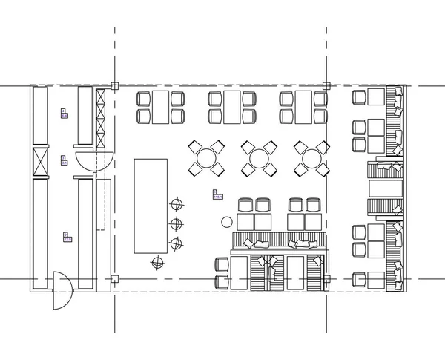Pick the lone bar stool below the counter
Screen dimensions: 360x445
tap(157, 261)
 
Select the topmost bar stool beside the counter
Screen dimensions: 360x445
tap(177, 203)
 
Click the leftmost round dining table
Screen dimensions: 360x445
tap(205, 157)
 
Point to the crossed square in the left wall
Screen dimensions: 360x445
tap(39, 163)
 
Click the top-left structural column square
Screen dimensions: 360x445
tap(113, 86)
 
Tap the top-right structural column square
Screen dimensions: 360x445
tap(326, 86)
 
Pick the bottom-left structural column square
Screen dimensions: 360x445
tap(113, 279)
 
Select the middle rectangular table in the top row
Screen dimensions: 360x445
tap(233, 107)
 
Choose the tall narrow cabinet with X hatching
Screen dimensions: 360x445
tap(101, 117)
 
